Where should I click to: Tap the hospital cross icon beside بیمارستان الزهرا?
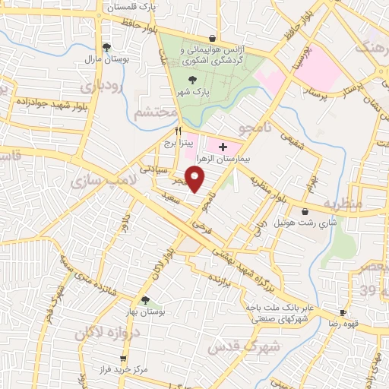(x=222, y=146)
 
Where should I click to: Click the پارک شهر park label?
(x=194, y=91)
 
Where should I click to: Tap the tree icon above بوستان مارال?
(x=106, y=47)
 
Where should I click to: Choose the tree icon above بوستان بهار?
(x=145, y=301)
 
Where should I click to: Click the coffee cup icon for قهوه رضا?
(x=343, y=313)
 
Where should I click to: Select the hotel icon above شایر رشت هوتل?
(x=305, y=211)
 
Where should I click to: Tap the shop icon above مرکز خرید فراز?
(x=124, y=357)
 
